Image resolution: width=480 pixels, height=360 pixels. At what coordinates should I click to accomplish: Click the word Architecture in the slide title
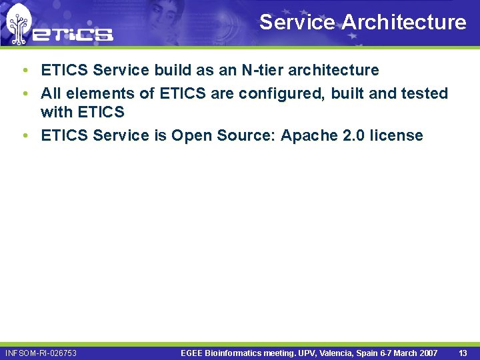[x=404, y=23]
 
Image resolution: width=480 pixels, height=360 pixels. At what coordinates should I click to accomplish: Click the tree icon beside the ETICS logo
[x=19, y=24]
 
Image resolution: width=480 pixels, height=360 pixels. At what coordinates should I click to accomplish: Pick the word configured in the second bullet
[x=275, y=93]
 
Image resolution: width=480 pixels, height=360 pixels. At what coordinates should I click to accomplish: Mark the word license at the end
[x=398, y=135]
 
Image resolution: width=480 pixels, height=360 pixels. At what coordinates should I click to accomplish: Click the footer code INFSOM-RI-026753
[x=41, y=353]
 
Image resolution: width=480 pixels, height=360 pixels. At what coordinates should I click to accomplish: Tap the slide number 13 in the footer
[x=463, y=353]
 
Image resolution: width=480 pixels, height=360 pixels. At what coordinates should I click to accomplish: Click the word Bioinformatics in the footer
[x=239, y=353]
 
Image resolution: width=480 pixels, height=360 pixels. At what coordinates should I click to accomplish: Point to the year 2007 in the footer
[x=427, y=353]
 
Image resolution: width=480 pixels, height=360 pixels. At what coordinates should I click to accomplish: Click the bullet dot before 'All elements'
[x=24, y=93]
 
